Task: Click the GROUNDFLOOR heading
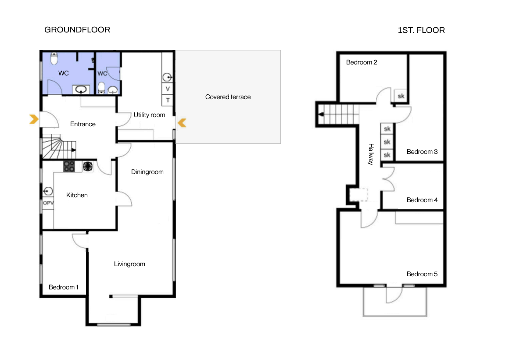[x=77, y=30]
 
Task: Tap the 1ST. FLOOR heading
[x=421, y=30]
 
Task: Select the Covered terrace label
[x=228, y=97]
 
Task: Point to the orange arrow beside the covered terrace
[x=182, y=123]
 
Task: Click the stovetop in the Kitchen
[x=69, y=166]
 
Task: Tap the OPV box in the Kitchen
[x=48, y=203]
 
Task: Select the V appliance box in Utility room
[x=168, y=89]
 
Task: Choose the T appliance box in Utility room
[x=168, y=100]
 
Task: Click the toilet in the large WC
[x=54, y=58]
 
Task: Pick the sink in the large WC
[x=81, y=89]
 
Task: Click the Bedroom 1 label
[x=63, y=287]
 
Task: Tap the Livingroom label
[x=129, y=264]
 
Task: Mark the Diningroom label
[x=147, y=172]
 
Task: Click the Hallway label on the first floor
[x=371, y=154]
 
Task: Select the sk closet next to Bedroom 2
[x=401, y=96]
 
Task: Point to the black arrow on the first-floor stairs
[x=321, y=114]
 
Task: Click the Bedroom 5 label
[x=422, y=274]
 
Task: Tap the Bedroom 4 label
[x=422, y=200]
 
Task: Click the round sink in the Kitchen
[x=48, y=191]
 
